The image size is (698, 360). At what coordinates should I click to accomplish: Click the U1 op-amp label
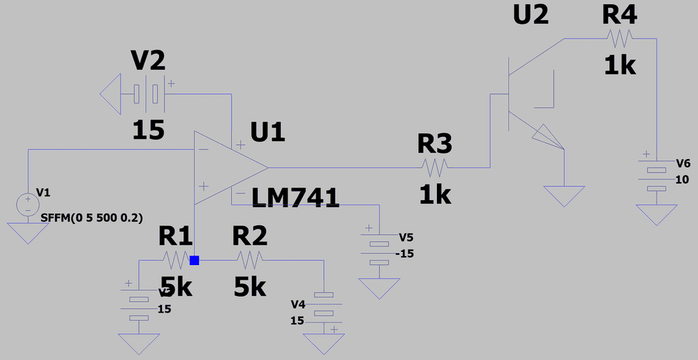tap(268, 133)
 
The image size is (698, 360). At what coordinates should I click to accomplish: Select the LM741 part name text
tap(295, 199)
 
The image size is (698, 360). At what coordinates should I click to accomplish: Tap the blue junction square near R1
tap(194, 260)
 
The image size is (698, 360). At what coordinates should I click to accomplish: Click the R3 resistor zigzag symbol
tap(434, 167)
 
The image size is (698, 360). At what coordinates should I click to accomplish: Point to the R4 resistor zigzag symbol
tap(619, 37)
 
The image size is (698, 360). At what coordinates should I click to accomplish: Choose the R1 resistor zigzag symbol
tap(175, 260)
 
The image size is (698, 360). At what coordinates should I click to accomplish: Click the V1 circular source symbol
tap(28, 204)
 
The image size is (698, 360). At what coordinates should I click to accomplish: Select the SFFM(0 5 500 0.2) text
tap(91, 218)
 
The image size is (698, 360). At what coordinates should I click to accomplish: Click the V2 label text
tap(148, 61)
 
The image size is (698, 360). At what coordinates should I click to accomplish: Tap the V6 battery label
tap(683, 163)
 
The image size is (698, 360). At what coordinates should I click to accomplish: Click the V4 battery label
tap(298, 304)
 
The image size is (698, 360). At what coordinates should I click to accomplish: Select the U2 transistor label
tap(531, 15)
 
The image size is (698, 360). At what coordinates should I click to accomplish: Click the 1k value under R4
tap(620, 66)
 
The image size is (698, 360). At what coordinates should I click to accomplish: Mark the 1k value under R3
tap(435, 196)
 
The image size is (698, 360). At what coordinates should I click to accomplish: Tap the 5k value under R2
tap(250, 287)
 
